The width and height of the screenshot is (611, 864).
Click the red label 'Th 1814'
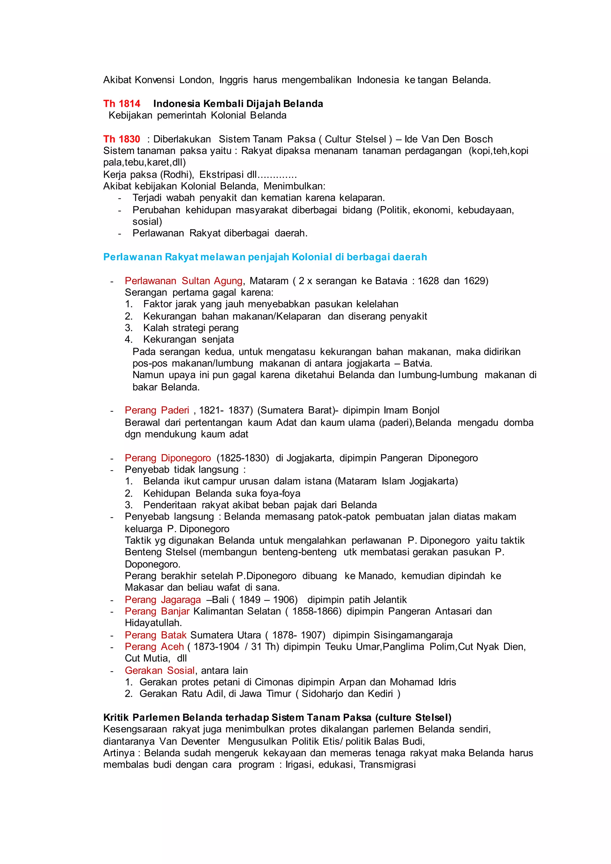pos(121,104)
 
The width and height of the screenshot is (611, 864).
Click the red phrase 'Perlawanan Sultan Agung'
pos(183,281)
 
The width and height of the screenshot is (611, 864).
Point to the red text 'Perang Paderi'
pos(157,410)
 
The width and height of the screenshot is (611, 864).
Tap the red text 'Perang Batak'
pos(156,635)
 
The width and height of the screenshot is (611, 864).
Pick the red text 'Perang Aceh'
pos(154,647)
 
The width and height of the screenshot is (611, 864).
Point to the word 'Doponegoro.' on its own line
pos(153,564)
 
